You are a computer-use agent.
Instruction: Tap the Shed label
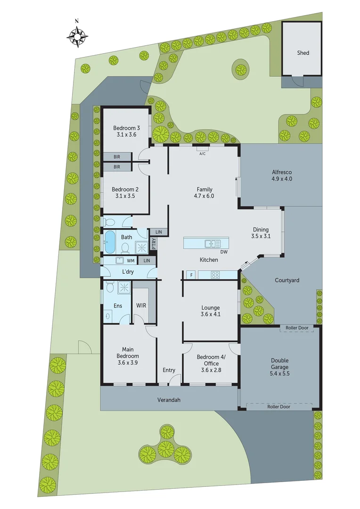303,53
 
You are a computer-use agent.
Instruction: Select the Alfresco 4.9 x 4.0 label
282,175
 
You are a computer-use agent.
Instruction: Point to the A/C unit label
203,154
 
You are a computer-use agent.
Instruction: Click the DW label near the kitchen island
224,252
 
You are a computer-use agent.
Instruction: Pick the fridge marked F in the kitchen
191,275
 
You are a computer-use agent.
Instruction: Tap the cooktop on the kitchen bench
215,275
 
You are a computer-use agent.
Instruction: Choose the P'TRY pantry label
154,243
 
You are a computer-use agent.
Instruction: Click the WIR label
141,305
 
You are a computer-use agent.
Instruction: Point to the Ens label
117,305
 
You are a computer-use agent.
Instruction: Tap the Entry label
169,370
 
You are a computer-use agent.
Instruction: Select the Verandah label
169,400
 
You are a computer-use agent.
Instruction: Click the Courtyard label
287,280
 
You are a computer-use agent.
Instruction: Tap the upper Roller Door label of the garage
297,328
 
